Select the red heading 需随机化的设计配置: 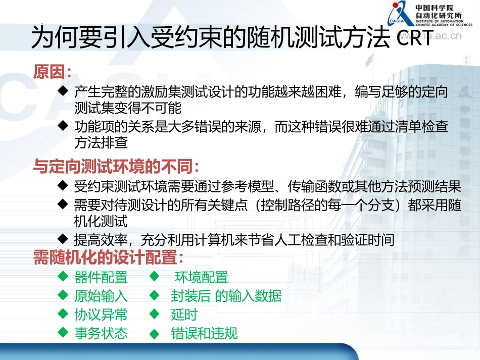coord(108,258)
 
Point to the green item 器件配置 coord(101,277)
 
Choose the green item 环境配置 coord(202,277)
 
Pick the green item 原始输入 coord(101,296)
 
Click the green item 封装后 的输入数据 coord(226,296)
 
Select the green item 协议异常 coord(101,315)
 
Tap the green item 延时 coord(184,315)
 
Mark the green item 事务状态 coord(101,333)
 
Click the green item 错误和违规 coord(204,334)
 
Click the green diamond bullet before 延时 coord(155,314)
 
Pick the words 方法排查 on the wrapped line coord(101,143)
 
